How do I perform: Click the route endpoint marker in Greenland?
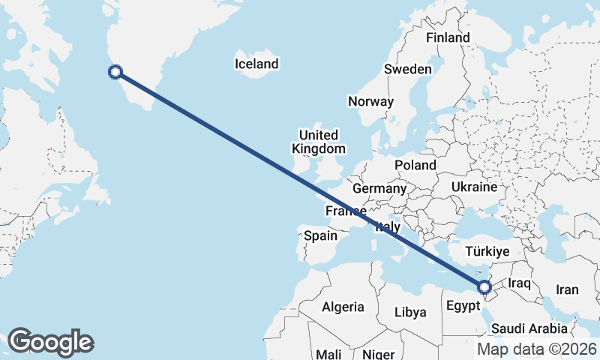tap(115, 72)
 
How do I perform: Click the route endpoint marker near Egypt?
tap(484, 286)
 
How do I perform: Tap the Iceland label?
tap(256, 64)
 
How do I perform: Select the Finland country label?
tap(448, 37)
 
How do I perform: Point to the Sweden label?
tap(408, 69)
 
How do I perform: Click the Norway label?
tap(370, 101)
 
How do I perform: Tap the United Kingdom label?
tap(319, 142)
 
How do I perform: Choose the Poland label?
tap(415, 165)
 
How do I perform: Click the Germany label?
tap(379, 188)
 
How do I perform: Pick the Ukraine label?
tap(475, 186)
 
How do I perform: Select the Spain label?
tap(320, 235)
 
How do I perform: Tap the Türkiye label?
tap(487, 251)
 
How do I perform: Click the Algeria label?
tap(343, 307)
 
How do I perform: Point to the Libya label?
tap(410, 311)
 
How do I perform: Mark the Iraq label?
tap(519, 283)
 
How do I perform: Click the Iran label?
tap(567, 289)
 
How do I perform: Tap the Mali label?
tap(328, 353)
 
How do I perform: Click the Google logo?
tap(50, 342)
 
